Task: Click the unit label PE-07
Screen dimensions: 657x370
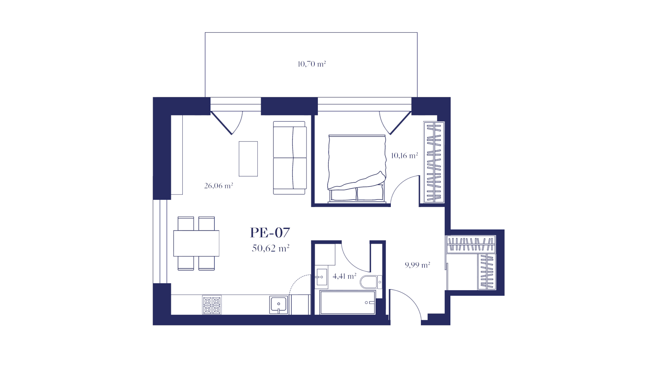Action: [270, 233]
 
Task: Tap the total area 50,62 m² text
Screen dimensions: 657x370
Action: [271, 248]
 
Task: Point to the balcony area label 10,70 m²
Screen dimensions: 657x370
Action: [311, 64]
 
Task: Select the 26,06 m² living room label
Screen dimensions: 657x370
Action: [218, 186]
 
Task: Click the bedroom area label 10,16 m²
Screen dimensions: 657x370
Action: [404, 156]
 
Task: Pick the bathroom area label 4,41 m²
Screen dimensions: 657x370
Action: [345, 276]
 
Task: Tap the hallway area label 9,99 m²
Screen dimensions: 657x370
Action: [417, 265]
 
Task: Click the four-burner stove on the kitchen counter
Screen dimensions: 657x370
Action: [212, 305]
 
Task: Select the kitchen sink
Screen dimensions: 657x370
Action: [279, 305]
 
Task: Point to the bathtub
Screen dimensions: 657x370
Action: [348, 302]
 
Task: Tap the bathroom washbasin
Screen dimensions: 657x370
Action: [321, 277]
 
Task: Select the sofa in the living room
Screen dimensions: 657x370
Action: [290, 158]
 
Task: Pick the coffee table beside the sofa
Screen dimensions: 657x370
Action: [248, 159]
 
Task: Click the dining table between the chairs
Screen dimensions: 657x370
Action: [196, 244]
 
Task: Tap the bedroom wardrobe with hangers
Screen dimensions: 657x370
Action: [434, 162]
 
